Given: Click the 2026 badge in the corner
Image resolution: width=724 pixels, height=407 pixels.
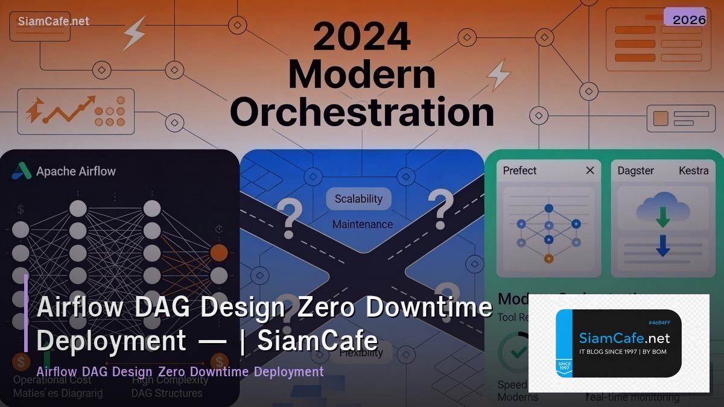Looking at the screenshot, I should tap(685, 18).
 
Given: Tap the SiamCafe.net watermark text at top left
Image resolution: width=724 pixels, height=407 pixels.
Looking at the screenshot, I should tap(53, 21).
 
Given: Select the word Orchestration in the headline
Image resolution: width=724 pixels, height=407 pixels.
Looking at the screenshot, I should tap(362, 112).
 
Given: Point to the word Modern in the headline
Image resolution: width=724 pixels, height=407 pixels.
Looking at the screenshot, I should tap(362, 75).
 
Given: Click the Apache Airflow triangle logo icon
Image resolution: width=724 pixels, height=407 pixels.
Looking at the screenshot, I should tap(22, 171).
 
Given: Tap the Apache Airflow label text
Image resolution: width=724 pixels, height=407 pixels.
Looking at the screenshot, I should tap(76, 171).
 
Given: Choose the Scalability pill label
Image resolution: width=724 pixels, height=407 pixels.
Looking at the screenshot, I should tap(359, 199).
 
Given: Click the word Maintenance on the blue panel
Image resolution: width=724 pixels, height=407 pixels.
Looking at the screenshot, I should tap(363, 224).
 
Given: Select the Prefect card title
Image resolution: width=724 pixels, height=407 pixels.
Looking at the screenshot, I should tap(519, 171).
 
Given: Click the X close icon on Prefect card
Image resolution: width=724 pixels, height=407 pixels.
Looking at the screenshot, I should tap(590, 171).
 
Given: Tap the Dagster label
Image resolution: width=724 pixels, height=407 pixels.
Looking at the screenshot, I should tap(635, 171).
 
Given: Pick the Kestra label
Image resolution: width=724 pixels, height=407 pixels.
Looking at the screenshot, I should tap(694, 171).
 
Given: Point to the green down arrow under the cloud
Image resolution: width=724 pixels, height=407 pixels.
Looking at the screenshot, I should tap(663, 218).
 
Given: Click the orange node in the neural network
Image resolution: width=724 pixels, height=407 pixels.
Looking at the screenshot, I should tap(219, 253).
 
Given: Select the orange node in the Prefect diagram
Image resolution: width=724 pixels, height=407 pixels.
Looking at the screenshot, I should tap(548, 259).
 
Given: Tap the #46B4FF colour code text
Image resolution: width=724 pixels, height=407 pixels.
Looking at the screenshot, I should tap(659, 323).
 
